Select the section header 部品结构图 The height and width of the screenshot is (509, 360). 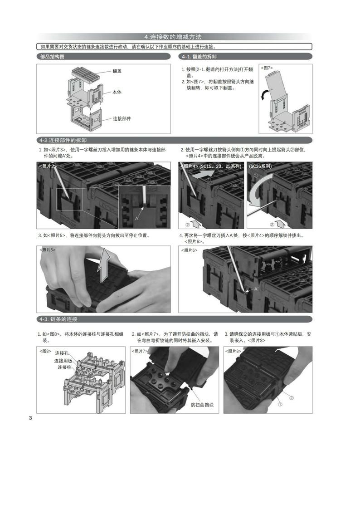(53, 57)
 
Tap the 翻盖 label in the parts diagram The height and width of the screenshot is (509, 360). (117, 71)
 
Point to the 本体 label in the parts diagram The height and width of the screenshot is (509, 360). (117, 92)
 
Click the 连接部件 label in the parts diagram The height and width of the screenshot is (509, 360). (122, 118)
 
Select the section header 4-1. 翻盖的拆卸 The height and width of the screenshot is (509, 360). (199, 57)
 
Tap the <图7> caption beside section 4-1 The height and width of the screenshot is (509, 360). (267, 68)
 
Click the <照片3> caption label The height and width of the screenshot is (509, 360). (48, 166)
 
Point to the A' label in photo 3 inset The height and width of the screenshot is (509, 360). (137, 218)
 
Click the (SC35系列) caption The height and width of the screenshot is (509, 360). (261, 166)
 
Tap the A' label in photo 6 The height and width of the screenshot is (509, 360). (256, 289)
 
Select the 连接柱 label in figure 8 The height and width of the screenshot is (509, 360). (64, 367)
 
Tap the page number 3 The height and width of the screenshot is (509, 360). (30, 418)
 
